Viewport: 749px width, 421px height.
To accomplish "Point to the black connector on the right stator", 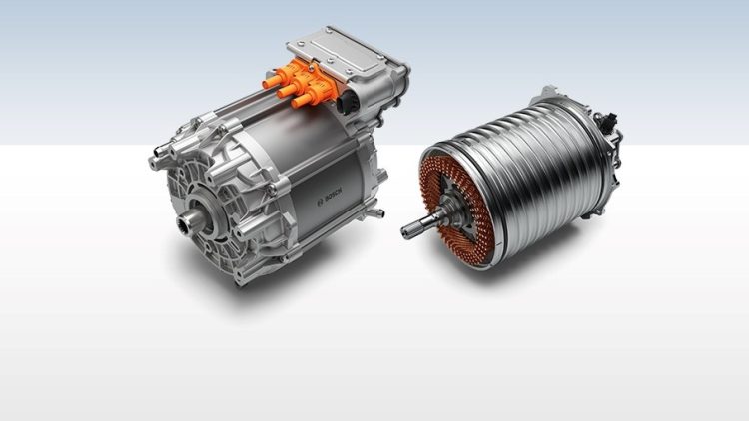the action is pyautogui.click(x=607, y=122).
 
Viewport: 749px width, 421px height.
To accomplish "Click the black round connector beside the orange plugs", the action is pyautogui.click(x=346, y=102).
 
